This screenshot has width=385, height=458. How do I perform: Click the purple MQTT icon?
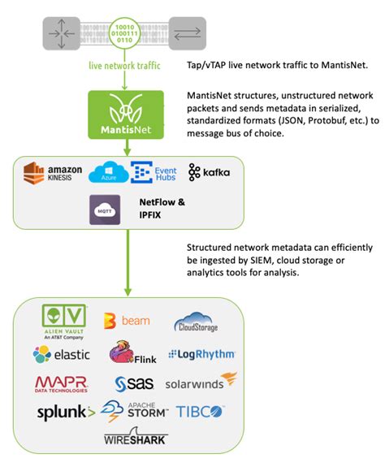click(106, 209)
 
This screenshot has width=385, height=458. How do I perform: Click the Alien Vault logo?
click(63, 323)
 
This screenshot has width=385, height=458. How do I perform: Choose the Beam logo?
click(127, 321)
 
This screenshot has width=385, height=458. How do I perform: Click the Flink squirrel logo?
click(132, 355)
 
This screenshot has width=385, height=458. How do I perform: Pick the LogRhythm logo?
click(201, 354)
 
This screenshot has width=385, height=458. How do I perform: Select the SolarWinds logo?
click(201, 382)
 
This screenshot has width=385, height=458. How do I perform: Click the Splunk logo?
click(66, 412)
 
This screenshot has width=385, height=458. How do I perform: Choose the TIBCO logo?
click(202, 411)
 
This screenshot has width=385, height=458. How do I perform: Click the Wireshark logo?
click(135, 439)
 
